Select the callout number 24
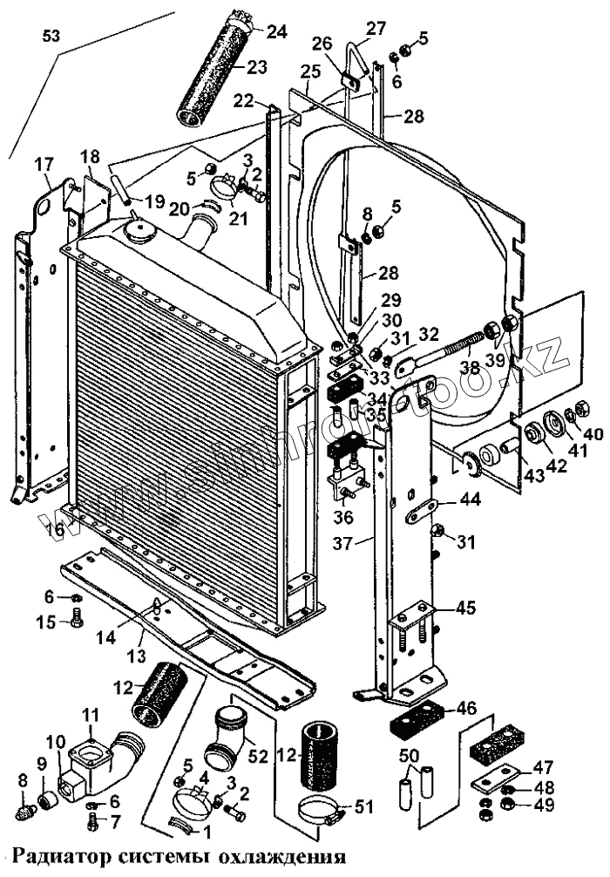pyautogui.click(x=276, y=32)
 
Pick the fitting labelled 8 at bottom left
pyautogui.click(x=25, y=813)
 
